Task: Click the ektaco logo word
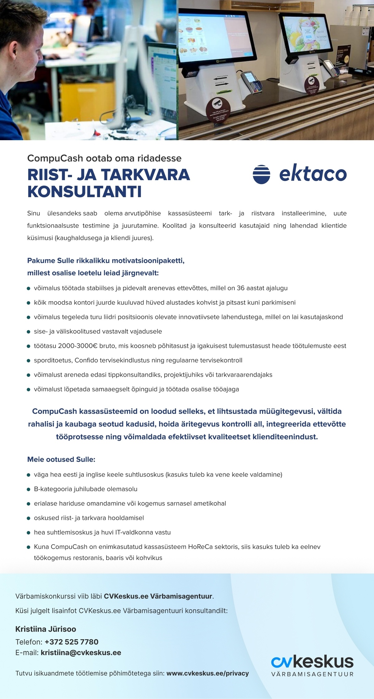pyautogui.click(x=313, y=174)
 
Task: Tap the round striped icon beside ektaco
pyautogui.click(x=261, y=174)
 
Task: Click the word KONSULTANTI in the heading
pyautogui.click(x=84, y=192)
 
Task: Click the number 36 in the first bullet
pyautogui.click(x=241, y=288)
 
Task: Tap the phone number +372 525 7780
pyautogui.click(x=71, y=642)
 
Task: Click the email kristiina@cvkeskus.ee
pyautogui.click(x=81, y=653)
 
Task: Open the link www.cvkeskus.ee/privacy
pyautogui.click(x=208, y=673)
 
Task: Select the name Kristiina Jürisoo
pyautogui.click(x=46, y=629)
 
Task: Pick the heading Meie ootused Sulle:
pyautogui.click(x=61, y=459)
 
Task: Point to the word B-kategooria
pyautogui.click(x=53, y=489)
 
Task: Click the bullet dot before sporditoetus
pyautogui.click(x=28, y=361)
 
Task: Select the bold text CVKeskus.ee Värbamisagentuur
pyautogui.click(x=158, y=596)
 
